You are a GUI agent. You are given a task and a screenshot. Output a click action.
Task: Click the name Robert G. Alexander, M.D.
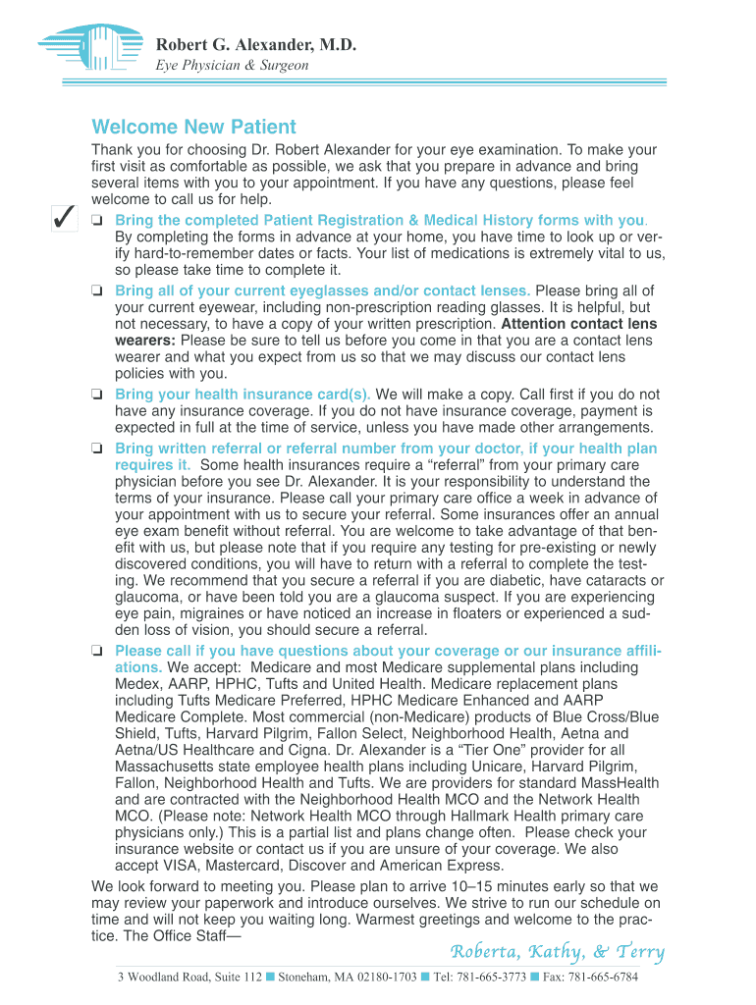click(255, 45)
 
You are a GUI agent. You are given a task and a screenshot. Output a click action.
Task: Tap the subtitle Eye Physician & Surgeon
click(233, 66)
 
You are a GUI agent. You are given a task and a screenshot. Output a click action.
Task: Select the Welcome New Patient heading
click(193, 128)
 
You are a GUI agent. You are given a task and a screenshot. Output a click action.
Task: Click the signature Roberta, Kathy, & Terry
click(557, 952)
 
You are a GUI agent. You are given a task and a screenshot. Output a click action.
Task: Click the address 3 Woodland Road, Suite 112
click(189, 978)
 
